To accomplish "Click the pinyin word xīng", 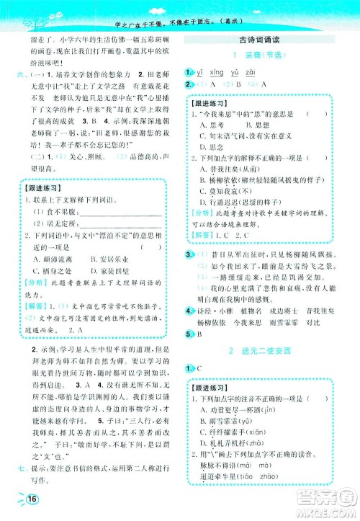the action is tap(213, 73).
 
